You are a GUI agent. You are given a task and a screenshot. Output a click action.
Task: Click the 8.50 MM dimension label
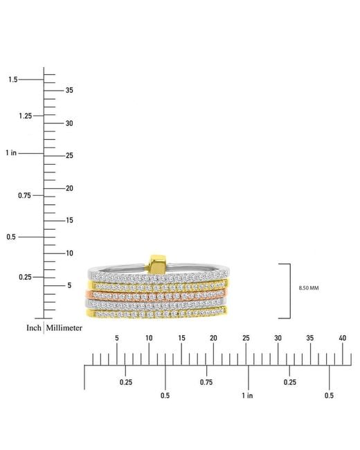[309, 288]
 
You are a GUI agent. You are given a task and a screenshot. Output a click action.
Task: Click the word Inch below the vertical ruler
[34, 327]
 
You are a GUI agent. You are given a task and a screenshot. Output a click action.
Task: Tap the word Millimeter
[64, 327]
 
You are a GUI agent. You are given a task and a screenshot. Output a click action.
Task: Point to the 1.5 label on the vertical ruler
[13, 80]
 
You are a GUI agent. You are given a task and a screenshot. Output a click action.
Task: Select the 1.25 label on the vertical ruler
[26, 116]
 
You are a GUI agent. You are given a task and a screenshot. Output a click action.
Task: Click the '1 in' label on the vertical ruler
[11, 153]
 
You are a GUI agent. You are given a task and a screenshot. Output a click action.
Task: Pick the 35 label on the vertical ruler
[69, 90]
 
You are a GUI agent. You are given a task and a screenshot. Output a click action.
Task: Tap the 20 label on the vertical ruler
[69, 188]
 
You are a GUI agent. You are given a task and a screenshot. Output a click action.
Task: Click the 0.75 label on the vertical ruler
[24, 196]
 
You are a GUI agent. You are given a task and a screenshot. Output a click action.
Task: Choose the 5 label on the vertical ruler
[69, 285]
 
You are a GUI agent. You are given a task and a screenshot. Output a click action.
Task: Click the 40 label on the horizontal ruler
[343, 338]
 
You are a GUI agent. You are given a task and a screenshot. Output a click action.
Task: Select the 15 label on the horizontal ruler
[181, 338]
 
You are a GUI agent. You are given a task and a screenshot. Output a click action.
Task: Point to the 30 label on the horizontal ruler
[278, 338]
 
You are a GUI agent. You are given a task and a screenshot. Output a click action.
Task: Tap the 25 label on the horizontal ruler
[246, 338]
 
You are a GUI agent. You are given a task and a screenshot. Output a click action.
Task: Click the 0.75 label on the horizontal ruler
[206, 382]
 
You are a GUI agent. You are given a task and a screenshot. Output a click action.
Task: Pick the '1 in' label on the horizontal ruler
[247, 396]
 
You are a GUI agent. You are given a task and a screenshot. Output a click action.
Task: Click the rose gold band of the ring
[156, 295]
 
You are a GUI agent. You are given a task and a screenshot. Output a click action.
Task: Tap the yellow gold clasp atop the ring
[156, 264]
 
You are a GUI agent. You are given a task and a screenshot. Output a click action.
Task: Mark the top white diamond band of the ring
[159, 275]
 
